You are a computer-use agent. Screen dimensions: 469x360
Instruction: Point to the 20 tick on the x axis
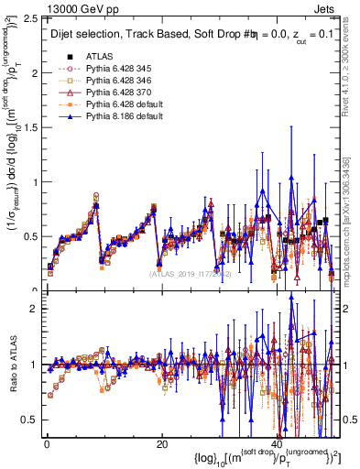161,444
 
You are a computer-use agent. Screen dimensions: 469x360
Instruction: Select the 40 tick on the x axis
277,444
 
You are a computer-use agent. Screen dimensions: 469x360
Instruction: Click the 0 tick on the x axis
46,444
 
